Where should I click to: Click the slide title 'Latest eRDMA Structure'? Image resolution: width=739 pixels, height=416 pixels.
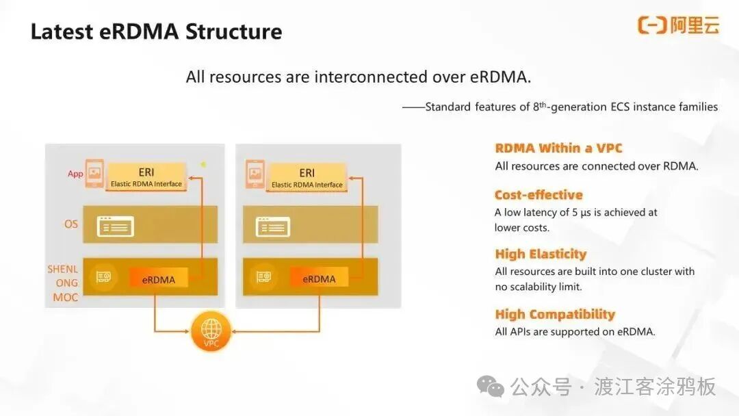click(156, 32)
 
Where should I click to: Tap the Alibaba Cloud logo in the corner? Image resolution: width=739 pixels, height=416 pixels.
click(678, 26)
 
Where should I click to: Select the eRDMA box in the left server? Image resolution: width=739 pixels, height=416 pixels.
click(159, 279)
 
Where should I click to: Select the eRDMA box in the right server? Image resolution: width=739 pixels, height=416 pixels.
click(319, 278)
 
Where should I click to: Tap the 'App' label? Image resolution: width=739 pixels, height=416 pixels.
click(75, 174)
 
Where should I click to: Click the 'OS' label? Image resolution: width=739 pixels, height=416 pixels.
click(71, 224)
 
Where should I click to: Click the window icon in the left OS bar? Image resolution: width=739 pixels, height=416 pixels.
click(115, 226)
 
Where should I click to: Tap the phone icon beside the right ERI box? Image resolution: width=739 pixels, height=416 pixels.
click(255, 174)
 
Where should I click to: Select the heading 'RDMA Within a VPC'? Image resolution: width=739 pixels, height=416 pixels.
click(558, 148)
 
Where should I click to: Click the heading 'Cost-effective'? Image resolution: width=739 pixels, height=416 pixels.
click(539, 195)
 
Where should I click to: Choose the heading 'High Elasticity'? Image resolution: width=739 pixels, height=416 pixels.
click(541, 254)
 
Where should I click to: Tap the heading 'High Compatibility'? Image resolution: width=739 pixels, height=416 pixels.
click(555, 314)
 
